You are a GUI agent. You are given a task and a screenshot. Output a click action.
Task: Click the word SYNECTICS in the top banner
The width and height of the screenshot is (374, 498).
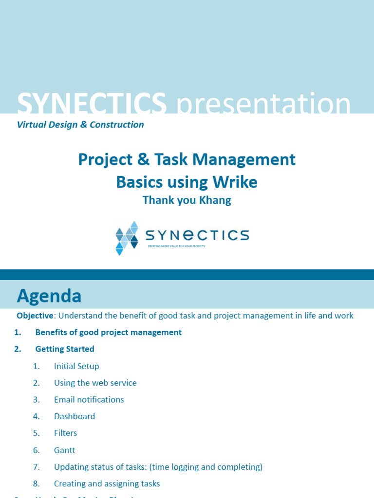92,104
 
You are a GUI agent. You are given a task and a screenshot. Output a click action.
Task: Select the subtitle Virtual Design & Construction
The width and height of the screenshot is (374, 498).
80,124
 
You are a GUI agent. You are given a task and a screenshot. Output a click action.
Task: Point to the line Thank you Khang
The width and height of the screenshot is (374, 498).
187,200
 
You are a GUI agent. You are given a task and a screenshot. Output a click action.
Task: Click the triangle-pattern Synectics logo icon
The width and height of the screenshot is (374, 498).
127,238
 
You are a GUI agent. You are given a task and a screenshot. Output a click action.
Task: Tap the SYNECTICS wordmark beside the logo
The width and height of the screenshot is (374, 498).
197,235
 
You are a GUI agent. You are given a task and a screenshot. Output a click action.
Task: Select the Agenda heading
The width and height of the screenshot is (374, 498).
49,296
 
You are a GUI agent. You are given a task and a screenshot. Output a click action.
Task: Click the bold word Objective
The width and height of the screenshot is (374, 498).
35,316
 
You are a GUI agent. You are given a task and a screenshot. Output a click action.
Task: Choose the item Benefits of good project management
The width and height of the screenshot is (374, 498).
108,332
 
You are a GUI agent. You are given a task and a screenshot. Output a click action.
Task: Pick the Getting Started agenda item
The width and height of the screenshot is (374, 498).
65,349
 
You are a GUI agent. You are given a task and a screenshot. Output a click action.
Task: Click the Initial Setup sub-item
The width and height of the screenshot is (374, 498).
76,366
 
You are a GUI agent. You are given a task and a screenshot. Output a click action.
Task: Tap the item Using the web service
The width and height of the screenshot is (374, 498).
95,383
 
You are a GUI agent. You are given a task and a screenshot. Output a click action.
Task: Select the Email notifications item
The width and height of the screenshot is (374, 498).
89,400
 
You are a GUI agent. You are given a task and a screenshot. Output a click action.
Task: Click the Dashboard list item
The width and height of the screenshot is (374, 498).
75,416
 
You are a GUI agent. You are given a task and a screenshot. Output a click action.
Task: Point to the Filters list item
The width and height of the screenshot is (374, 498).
66,433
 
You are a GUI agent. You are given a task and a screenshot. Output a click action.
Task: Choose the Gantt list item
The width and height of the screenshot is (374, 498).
65,450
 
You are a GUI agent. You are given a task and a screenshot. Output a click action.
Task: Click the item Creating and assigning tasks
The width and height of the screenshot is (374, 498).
107,484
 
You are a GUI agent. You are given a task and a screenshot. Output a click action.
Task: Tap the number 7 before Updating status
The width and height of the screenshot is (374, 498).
36,467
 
